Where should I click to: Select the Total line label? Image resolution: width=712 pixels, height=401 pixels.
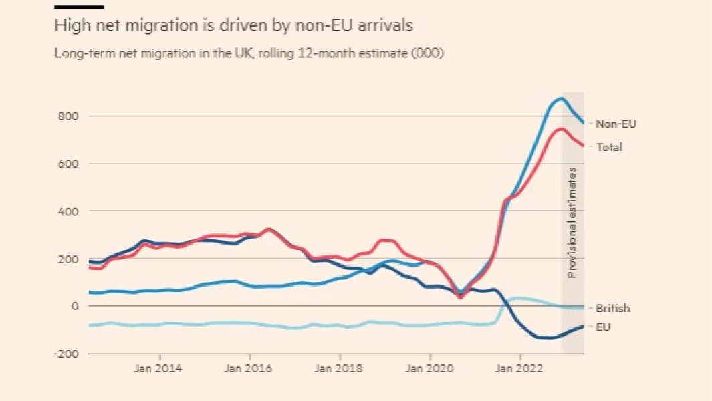pyautogui.click(x=609, y=147)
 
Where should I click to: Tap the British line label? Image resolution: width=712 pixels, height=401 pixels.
pyautogui.click(x=613, y=309)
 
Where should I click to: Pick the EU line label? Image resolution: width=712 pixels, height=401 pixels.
pyautogui.click(x=603, y=327)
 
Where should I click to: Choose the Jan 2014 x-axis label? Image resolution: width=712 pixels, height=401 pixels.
pyautogui.click(x=159, y=368)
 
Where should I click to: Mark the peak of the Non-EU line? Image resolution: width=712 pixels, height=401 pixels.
pyautogui.click(x=561, y=99)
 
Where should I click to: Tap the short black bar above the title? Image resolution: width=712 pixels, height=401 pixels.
pyautogui.click(x=79, y=7)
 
